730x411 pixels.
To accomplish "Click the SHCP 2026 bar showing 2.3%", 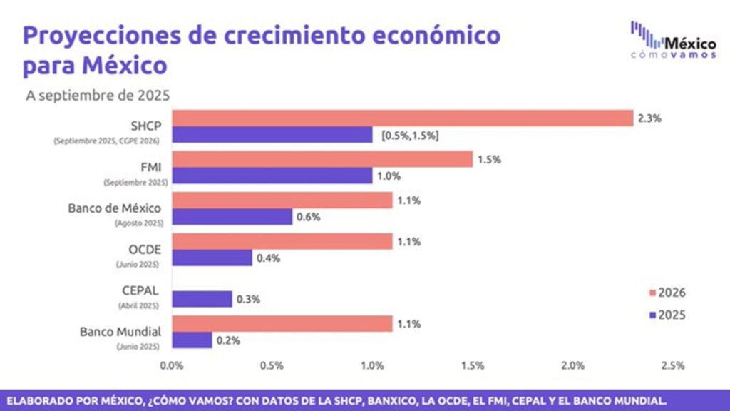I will pyautogui.click(x=403, y=118).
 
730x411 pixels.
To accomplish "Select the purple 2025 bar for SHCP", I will pyautogui.click(x=272, y=135).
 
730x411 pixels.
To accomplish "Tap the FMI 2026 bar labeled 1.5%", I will pyautogui.click(x=322, y=159).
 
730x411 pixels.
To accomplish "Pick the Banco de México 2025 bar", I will pyautogui.click(x=232, y=217).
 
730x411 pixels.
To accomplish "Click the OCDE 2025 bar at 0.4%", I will pyautogui.click(x=212, y=258).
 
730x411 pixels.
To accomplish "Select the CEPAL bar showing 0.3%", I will pyautogui.click(x=202, y=298).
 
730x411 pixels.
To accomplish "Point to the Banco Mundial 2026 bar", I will pyautogui.click(x=282, y=323).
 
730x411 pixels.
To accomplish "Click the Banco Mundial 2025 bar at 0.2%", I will pyautogui.click(x=192, y=340).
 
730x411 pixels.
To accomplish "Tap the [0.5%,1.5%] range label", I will pyautogui.click(x=410, y=136).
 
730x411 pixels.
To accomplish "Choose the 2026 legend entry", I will pyautogui.click(x=669, y=293).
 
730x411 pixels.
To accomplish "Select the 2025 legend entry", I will pyautogui.click(x=669, y=315).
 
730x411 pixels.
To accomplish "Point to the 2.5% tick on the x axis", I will pyautogui.click(x=673, y=365).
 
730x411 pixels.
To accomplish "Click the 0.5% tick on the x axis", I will pyautogui.click(x=272, y=365).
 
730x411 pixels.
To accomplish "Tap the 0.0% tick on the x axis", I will pyautogui.click(x=172, y=365).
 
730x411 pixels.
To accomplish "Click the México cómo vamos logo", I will pyautogui.click(x=673, y=41).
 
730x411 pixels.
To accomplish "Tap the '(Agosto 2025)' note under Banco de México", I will pyautogui.click(x=139, y=223).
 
